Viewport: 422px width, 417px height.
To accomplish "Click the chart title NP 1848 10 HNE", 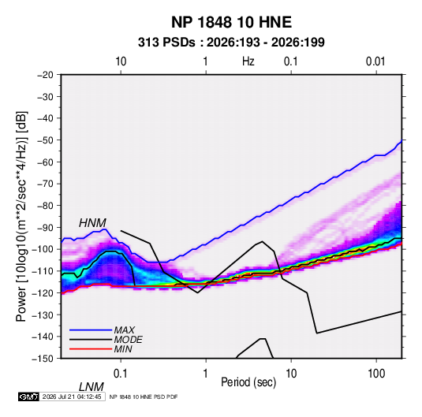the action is (x=231, y=22).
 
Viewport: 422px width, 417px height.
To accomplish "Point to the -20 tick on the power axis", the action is (x=45, y=75).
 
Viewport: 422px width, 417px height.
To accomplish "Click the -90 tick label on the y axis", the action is (x=45, y=227).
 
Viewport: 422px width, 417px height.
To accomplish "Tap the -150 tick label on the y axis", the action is (x=43, y=359).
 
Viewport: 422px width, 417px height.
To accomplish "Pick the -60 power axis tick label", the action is (x=45, y=162).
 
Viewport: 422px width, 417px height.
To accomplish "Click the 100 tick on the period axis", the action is (x=376, y=374).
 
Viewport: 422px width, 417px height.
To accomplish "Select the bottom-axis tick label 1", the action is (x=206, y=374).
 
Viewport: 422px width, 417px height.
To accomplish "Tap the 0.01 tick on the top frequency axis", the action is (x=375, y=61).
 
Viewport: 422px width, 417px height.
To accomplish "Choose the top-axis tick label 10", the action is (x=121, y=61).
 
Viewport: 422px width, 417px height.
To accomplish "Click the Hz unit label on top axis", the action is (x=248, y=61).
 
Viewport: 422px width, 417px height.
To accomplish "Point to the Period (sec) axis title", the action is (x=248, y=382).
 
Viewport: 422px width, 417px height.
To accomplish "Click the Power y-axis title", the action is (x=21, y=217).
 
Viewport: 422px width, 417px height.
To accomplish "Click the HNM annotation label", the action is (x=92, y=223).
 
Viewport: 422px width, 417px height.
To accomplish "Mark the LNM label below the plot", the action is (x=91, y=387).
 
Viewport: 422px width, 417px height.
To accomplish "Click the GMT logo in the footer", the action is (x=29, y=397).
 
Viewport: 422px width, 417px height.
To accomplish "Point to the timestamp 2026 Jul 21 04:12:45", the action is (x=72, y=397).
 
